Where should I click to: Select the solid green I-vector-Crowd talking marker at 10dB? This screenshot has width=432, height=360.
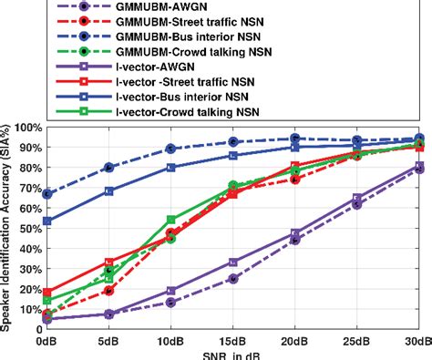click(171, 220)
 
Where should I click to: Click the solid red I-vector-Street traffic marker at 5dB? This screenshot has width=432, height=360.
click(109, 262)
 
